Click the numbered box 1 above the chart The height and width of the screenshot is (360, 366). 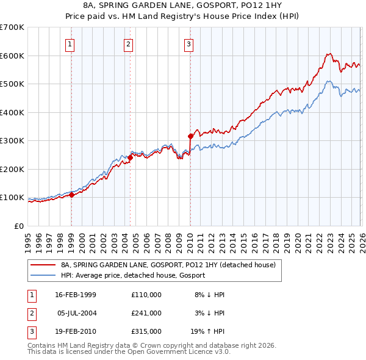coord(71,43)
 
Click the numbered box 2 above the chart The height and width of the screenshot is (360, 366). coord(129,43)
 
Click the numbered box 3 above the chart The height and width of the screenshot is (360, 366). coord(189,43)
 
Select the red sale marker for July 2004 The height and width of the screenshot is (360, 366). coord(130,157)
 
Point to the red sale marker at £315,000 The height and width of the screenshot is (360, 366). coord(190,137)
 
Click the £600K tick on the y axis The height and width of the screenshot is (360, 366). coord(12,56)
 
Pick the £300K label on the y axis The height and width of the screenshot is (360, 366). coord(12,141)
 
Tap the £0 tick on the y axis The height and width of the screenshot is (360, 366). coord(18,226)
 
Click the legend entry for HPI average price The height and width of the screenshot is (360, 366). coord(132,275)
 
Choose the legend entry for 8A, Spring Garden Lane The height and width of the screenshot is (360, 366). coord(168,265)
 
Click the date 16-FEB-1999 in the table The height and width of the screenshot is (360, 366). coord(76,295)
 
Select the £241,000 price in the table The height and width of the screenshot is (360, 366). coord(146,313)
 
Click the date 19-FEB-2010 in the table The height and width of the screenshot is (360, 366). coord(76,331)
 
